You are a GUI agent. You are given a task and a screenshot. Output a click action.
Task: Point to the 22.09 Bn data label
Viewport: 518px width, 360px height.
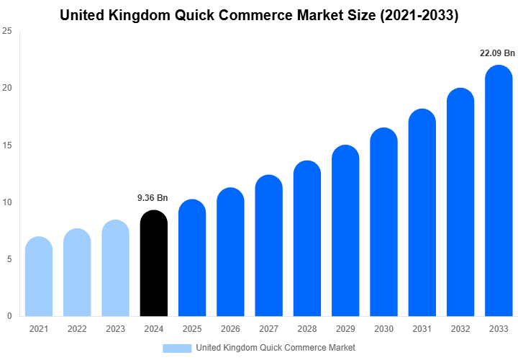pyautogui.click(x=497, y=53)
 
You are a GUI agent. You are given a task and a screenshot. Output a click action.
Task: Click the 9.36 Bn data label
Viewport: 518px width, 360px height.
pyautogui.click(x=153, y=197)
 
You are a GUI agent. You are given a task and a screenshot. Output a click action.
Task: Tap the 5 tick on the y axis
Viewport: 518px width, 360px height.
pyautogui.click(x=9, y=259)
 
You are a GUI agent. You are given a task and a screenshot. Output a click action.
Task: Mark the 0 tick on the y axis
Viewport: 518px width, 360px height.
pyautogui.click(x=9, y=316)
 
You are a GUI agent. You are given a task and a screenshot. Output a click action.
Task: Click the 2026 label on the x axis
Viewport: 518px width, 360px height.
pyautogui.click(x=230, y=329)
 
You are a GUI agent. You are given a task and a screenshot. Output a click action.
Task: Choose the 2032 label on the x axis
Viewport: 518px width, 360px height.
pyautogui.click(x=460, y=329)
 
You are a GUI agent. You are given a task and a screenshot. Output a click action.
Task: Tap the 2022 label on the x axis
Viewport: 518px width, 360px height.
pyautogui.click(x=77, y=329)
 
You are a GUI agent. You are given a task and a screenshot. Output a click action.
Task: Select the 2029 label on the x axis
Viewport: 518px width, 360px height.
pyautogui.click(x=345, y=329)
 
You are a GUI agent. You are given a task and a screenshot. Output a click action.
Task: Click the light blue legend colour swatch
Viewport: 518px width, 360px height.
pyautogui.click(x=177, y=348)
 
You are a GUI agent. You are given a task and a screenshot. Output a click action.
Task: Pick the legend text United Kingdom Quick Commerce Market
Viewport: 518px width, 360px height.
pyautogui.click(x=276, y=348)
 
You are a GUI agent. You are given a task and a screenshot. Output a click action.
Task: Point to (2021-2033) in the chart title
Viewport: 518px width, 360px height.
pyautogui.click(x=417, y=14)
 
